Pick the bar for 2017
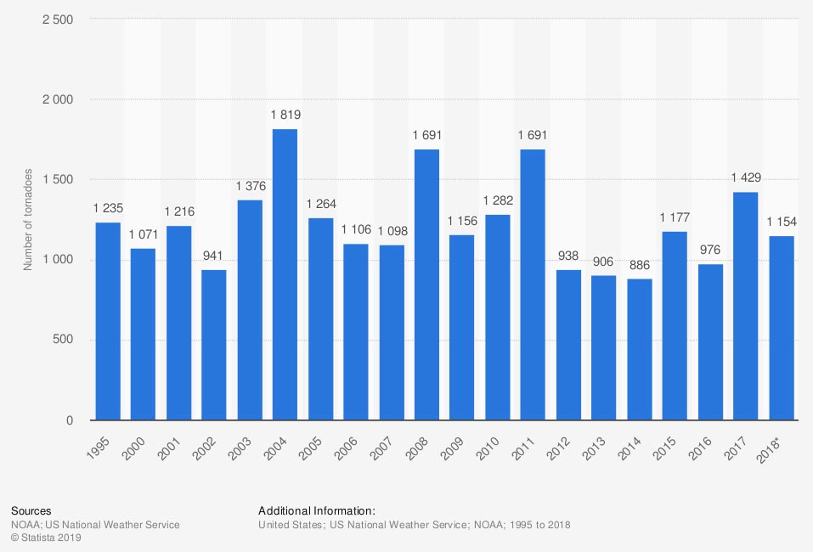(745, 306)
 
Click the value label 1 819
(285, 115)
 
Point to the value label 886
(639, 265)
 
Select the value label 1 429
(745, 177)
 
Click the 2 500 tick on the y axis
(57, 20)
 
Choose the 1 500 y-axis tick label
(57, 180)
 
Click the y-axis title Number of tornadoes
(27, 220)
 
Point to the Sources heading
(30, 511)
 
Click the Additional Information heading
(316, 511)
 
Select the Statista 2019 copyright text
(46, 538)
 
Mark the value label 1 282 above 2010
(498, 200)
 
